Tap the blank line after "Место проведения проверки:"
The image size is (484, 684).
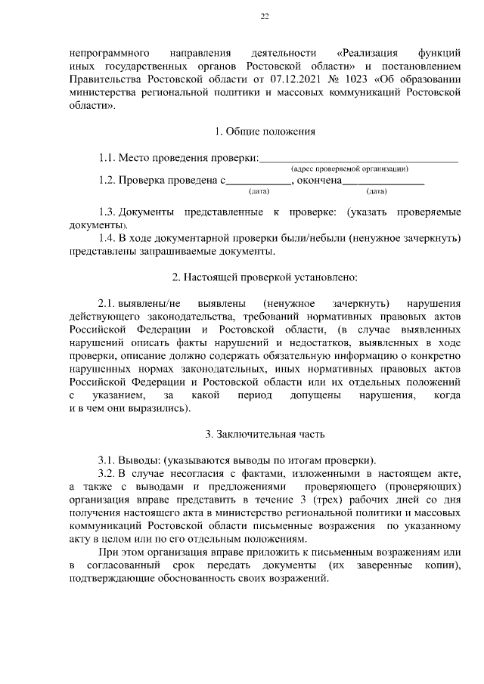[x=358, y=159]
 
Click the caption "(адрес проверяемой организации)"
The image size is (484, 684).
[x=349, y=169]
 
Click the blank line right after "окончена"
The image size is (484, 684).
[x=383, y=181]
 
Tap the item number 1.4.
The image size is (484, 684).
[x=107, y=239]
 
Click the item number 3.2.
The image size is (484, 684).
[x=107, y=473]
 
